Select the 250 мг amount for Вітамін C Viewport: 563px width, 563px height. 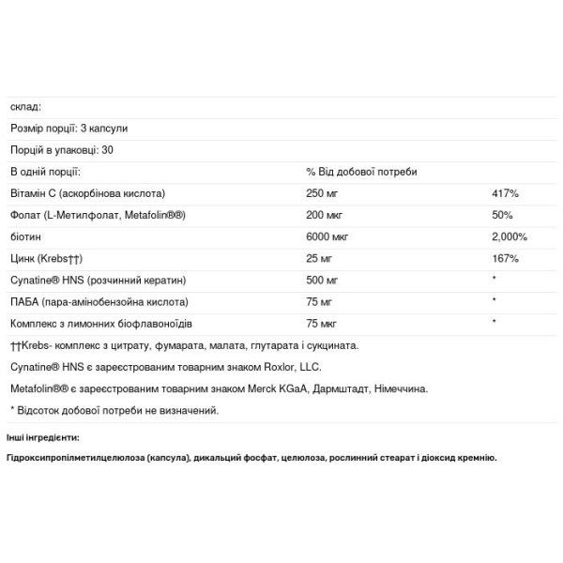322,193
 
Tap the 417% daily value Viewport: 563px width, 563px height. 505,193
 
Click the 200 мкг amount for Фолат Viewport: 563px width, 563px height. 324,215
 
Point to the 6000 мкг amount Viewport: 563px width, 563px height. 327,236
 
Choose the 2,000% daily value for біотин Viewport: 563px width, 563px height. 509,236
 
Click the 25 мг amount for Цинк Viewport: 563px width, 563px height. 319,258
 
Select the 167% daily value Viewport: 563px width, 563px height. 505,258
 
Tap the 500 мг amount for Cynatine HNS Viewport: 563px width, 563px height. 322,280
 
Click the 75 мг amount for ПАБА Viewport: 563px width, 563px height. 319,301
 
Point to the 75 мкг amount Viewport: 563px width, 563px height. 321,323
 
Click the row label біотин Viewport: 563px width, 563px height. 25,236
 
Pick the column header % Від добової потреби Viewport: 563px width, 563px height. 361,172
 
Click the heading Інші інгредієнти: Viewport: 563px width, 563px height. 42,437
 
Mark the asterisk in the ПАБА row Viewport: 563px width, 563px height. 494,301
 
